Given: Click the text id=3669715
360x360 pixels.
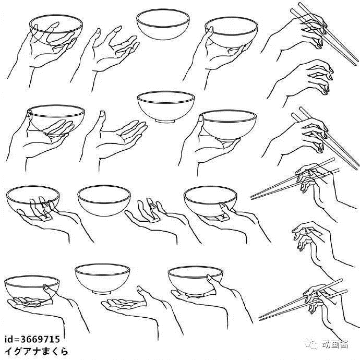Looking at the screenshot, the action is click(x=32, y=339).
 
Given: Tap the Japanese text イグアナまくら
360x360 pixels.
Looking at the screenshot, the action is click(x=37, y=351).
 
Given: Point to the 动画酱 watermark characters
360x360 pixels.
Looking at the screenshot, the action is click(x=335, y=344).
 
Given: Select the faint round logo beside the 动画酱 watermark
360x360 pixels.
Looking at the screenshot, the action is click(x=312, y=344).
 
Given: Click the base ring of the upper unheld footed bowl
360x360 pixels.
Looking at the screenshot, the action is click(x=165, y=121).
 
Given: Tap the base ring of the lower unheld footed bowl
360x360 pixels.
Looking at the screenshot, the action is click(x=102, y=292).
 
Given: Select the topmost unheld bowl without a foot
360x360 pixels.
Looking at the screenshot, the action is click(x=163, y=24).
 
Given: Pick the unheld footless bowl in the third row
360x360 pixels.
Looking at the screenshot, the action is click(x=104, y=200).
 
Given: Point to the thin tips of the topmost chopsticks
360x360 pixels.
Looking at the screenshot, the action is click(x=355, y=62).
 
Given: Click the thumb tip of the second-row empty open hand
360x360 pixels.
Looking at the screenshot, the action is click(x=103, y=113).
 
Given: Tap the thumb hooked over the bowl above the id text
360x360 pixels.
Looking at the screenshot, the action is click(x=46, y=287).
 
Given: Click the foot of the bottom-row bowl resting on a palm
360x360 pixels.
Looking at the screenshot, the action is click(x=195, y=295).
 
